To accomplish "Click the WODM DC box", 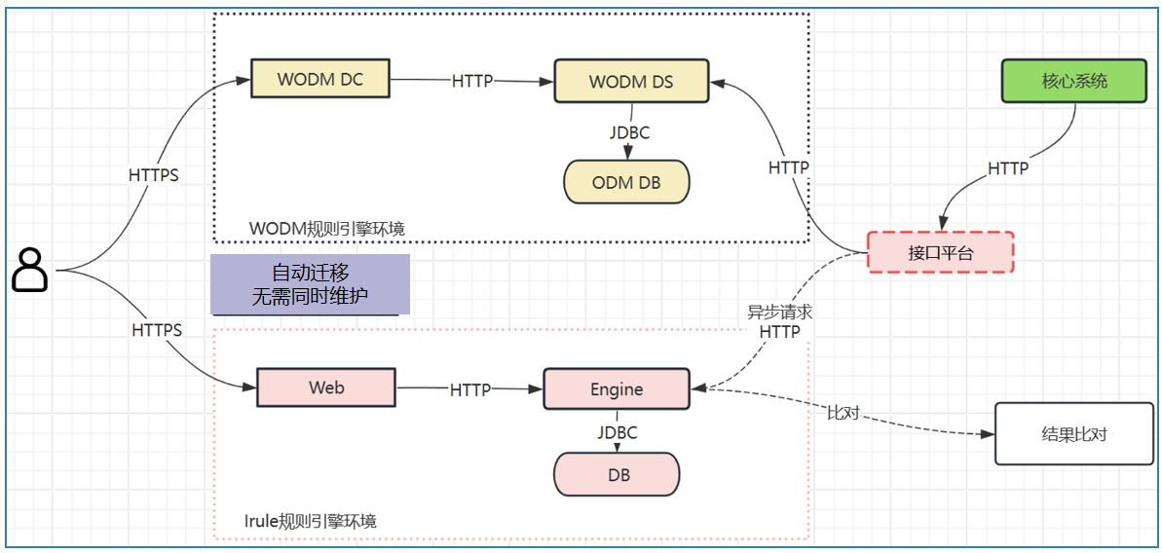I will point(319,79).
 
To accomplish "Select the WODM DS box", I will point(631,82).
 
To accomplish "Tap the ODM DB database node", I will point(626,182).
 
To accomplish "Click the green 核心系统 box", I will point(1074,81).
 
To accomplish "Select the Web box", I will point(326,387).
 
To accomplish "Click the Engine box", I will point(617,389).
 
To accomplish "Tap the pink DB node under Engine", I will point(617,475).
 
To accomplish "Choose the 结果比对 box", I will point(1074,433).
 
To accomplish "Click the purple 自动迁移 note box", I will point(310,285).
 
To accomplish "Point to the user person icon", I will point(30,270).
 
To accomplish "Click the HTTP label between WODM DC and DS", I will point(472,82).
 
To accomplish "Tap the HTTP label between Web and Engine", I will point(470,389).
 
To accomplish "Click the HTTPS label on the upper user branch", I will point(154,175).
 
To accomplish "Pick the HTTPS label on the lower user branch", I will point(157,330).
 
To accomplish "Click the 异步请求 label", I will point(779,313).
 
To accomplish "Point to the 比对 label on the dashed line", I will point(843,413).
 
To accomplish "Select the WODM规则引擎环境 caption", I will point(327,229).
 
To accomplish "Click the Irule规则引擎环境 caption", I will point(311,521).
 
